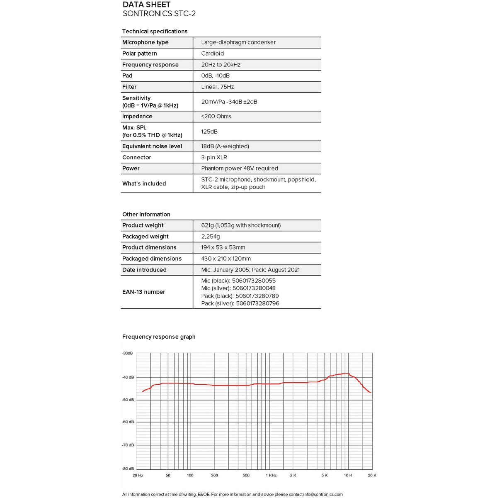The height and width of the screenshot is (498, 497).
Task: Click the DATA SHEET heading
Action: [x=146, y=5]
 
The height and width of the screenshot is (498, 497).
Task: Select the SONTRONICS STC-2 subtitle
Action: [x=159, y=14]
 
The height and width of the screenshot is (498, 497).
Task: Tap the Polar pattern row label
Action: [x=139, y=54]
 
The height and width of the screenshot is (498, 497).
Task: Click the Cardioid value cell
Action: [x=212, y=54]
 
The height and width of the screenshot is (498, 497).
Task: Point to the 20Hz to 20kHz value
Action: [x=221, y=65]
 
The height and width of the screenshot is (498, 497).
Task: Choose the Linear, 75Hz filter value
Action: [x=217, y=87]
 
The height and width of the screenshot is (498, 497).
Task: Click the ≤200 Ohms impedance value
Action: [x=216, y=117]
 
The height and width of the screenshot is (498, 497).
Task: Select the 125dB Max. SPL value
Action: [x=209, y=132]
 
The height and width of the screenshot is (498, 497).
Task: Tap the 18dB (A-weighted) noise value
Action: [x=225, y=146]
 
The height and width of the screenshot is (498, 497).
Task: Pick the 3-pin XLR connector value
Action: [x=214, y=158]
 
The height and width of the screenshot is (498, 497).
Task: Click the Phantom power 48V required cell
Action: [x=240, y=168]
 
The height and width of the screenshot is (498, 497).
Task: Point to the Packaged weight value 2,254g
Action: [x=211, y=237]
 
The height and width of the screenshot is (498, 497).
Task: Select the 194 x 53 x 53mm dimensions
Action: [x=223, y=247]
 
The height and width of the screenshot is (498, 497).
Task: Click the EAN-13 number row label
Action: [x=143, y=292]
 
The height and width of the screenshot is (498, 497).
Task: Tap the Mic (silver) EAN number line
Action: [x=238, y=288]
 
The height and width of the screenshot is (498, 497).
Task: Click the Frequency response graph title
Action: [x=159, y=337]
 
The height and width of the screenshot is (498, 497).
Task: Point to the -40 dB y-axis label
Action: [x=128, y=377]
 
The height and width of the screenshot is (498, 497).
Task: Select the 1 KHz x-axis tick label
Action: [x=271, y=475]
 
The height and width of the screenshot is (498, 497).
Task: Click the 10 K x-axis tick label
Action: [x=348, y=475]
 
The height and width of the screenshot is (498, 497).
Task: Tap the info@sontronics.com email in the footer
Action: [x=323, y=494]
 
